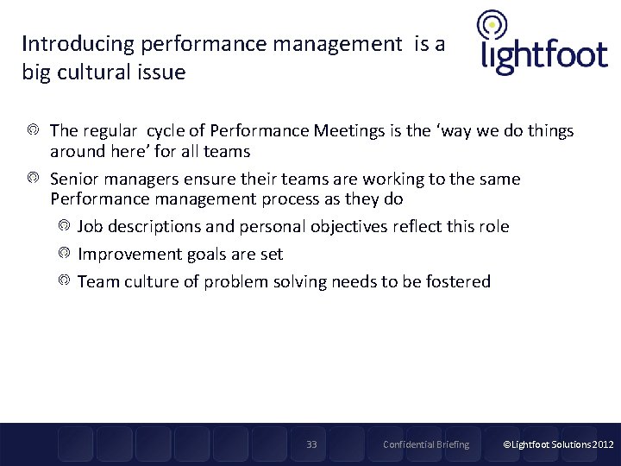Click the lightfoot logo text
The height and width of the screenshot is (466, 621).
click(543, 57)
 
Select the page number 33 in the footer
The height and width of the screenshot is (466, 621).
click(311, 444)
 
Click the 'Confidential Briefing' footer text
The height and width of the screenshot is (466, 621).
click(426, 444)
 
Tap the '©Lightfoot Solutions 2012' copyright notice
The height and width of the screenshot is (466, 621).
click(558, 444)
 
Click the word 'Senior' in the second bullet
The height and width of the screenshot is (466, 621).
click(75, 179)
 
